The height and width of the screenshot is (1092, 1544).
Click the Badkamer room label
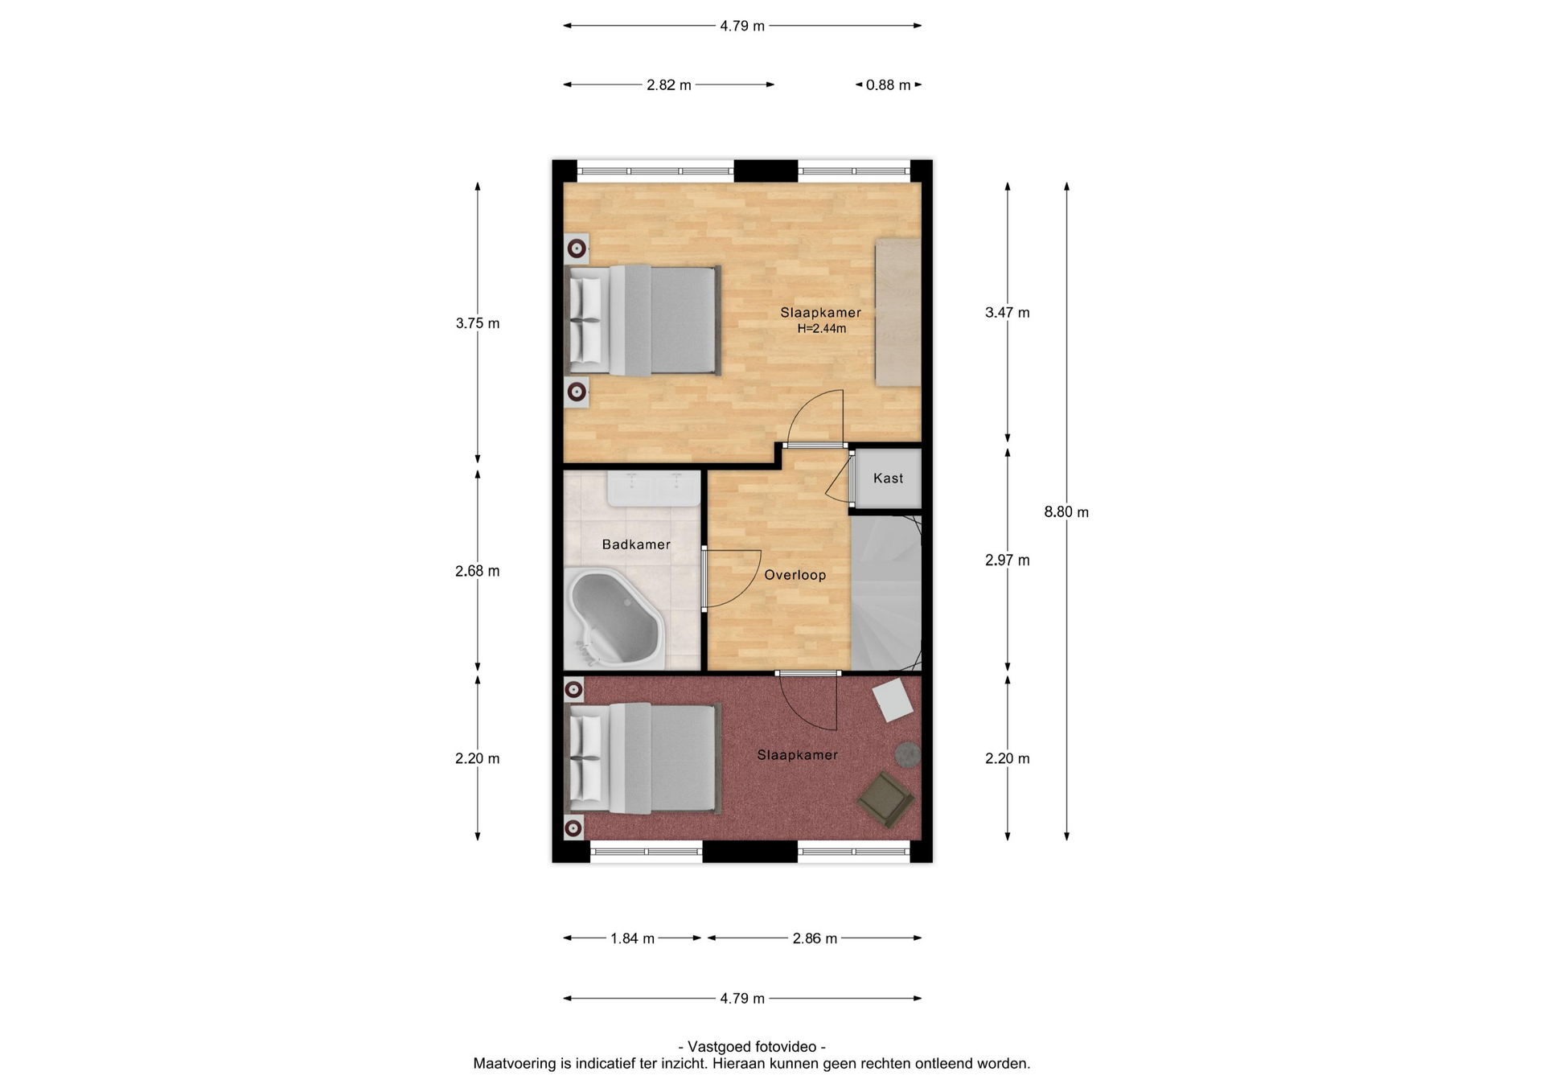pos(636,544)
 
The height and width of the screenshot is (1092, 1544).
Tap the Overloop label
pos(795,575)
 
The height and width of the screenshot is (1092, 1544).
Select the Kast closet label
pos(889,478)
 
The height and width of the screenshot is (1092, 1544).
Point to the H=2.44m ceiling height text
pos(822,329)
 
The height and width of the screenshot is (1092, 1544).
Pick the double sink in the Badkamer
pos(654,489)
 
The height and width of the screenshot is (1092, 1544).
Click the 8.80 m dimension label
pos(1066,512)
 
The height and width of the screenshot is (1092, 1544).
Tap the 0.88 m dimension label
pos(889,85)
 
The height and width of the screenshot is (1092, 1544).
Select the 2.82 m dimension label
pos(669,85)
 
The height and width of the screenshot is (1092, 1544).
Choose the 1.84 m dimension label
pos(633,938)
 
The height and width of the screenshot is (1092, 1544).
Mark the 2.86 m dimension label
pos(815,938)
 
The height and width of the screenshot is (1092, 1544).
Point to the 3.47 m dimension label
pos(1008,313)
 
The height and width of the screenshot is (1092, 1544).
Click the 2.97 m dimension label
pos(1008,560)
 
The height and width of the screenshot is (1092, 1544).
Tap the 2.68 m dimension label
pos(478,571)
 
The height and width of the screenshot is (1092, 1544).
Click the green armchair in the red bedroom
pos(885,799)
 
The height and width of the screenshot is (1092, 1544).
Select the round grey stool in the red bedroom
pos(909,754)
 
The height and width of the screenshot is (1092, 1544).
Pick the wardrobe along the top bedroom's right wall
pos(898,312)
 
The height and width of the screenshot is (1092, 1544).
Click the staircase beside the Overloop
pos(886,592)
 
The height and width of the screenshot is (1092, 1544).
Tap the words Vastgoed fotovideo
pos(752,1047)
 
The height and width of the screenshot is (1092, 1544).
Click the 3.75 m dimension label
pos(478,323)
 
